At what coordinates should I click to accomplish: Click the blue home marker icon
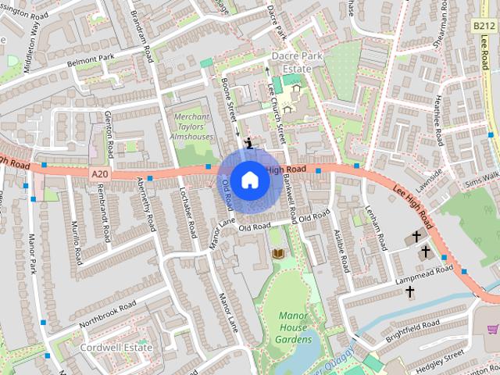click(x=249, y=180)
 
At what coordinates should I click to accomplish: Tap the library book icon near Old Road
click(x=277, y=254)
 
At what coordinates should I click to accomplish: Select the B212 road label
click(x=484, y=26)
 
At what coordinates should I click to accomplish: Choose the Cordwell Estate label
click(x=116, y=346)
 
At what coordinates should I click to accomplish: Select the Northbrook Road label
click(x=107, y=313)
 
